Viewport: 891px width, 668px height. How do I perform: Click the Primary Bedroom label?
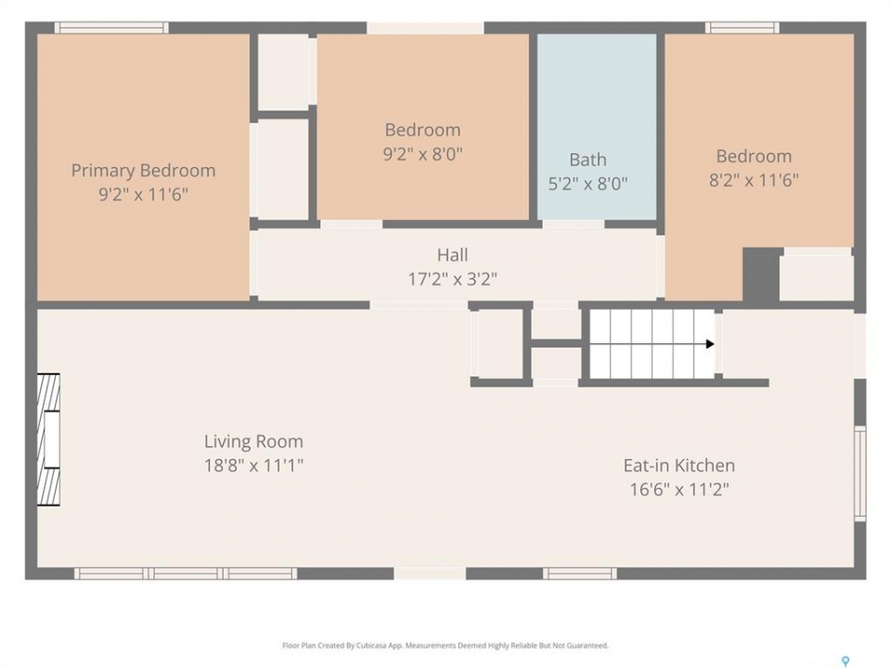tap(143, 171)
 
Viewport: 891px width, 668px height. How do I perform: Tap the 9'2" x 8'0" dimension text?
tap(423, 154)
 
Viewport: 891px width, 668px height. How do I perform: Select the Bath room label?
tap(588, 160)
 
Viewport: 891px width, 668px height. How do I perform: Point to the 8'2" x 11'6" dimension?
tap(754, 180)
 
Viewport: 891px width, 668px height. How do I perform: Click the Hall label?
tap(452, 255)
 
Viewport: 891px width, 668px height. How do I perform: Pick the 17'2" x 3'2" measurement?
tap(452, 279)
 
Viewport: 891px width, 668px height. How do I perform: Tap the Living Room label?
tap(253, 442)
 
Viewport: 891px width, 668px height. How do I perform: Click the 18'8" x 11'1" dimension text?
tap(253, 465)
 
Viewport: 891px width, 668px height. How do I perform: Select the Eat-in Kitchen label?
tap(679, 465)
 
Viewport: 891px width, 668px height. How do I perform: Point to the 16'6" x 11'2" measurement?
tap(679, 489)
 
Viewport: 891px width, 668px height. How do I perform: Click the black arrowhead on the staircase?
tap(710, 343)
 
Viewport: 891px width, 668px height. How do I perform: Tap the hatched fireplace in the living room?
tap(48, 440)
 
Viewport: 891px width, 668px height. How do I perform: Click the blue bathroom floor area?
tap(597, 127)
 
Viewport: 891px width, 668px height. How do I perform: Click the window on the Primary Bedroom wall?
tap(111, 28)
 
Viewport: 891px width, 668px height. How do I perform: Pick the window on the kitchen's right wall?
tap(860, 472)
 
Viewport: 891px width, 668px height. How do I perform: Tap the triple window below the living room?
tap(186, 573)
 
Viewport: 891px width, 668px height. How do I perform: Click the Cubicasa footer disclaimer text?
tap(445, 646)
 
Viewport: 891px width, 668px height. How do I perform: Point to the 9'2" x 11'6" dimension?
tap(143, 194)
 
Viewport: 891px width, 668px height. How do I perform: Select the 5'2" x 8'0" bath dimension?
tap(588, 184)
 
